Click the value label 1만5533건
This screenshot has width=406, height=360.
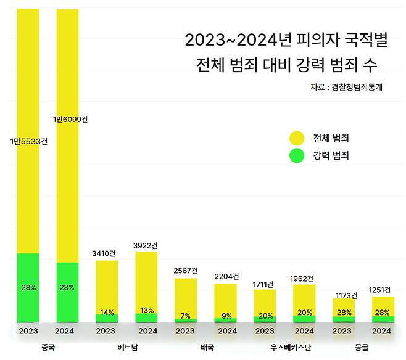tap(28, 142)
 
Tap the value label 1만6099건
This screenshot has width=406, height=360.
tap(70, 120)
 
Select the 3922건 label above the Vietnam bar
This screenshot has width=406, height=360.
tap(146, 245)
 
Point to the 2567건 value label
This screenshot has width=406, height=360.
tap(186, 271)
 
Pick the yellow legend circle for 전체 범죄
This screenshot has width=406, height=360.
tap(297, 138)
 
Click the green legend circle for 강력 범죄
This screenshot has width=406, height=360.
tap(297, 156)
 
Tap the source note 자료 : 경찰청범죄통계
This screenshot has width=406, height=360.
tap(347, 88)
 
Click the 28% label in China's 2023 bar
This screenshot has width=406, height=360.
tap(28, 287)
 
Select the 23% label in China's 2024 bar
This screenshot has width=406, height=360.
tap(67, 287)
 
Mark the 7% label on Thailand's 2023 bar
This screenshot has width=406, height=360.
tap(186, 316)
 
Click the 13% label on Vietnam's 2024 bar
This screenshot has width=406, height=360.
tap(146, 310)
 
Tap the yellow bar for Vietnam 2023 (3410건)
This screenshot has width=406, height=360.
tap(107, 284)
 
